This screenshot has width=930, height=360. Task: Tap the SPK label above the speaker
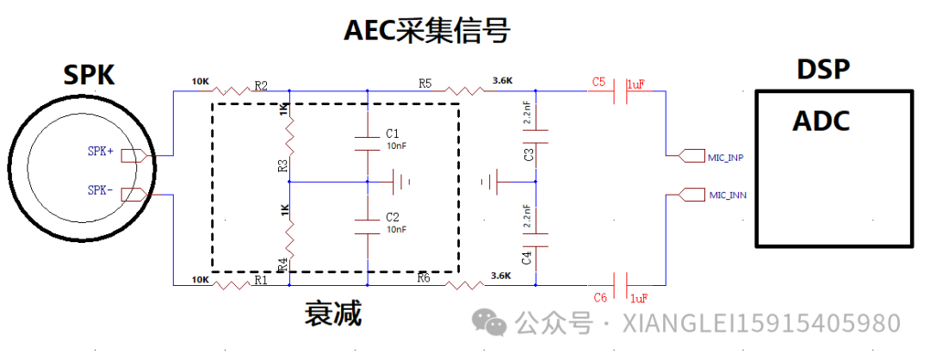click(x=89, y=75)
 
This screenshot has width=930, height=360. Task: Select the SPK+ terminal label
click(x=101, y=152)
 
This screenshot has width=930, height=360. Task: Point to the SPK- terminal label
click(x=101, y=189)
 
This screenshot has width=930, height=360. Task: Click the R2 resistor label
click(x=260, y=85)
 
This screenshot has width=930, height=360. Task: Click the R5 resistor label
click(x=425, y=84)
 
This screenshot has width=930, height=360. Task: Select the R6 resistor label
click(x=424, y=277)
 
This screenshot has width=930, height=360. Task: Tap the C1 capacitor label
click(x=393, y=133)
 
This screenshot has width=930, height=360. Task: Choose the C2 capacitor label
click(x=393, y=216)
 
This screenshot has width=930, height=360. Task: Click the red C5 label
click(x=599, y=82)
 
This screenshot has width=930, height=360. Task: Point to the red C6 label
click(x=601, y=296)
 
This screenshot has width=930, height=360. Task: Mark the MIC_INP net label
click(x=727, y=158)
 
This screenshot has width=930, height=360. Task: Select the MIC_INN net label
click(x=727, y=196)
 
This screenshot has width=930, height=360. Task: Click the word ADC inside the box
click(x=821, y=121)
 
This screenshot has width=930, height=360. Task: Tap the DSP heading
click(x=823, y=69)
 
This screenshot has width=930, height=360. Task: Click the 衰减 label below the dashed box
click(x=333, y=313)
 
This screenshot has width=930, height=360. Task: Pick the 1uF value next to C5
click(x=636, y=84)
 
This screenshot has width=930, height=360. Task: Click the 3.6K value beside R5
click(x=502, y=81)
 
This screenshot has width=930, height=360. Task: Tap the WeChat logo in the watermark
click(x=493, y=324)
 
